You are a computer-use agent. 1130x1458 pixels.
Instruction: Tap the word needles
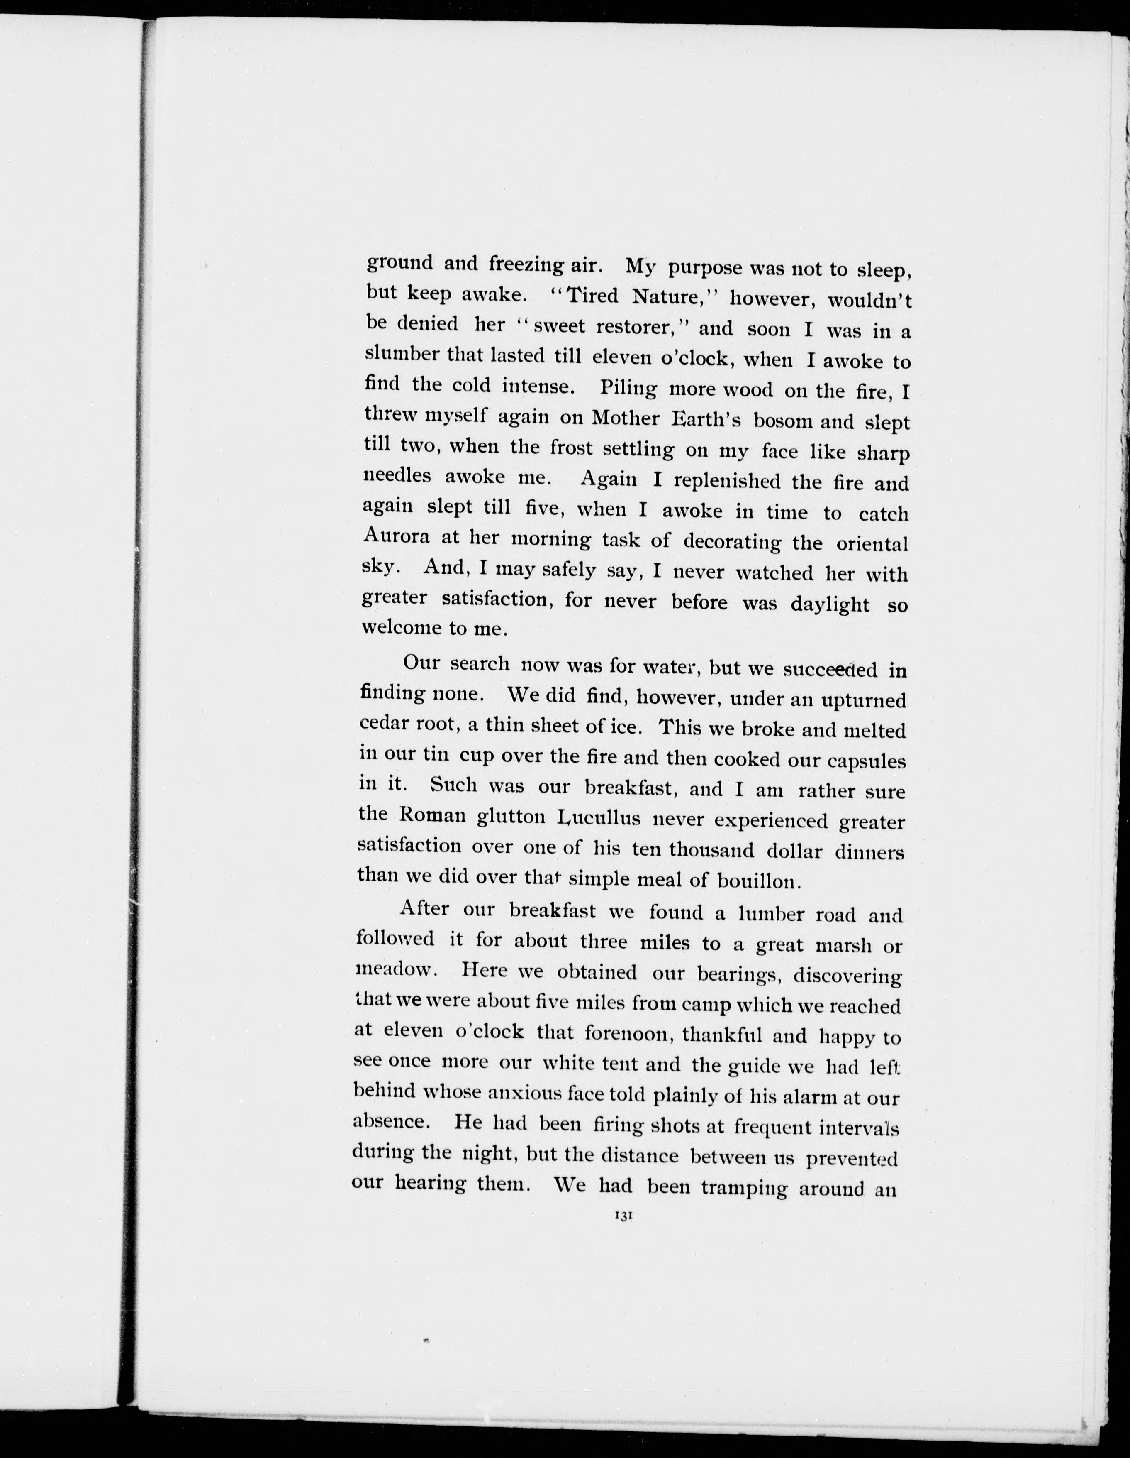(x=397, y=476)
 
